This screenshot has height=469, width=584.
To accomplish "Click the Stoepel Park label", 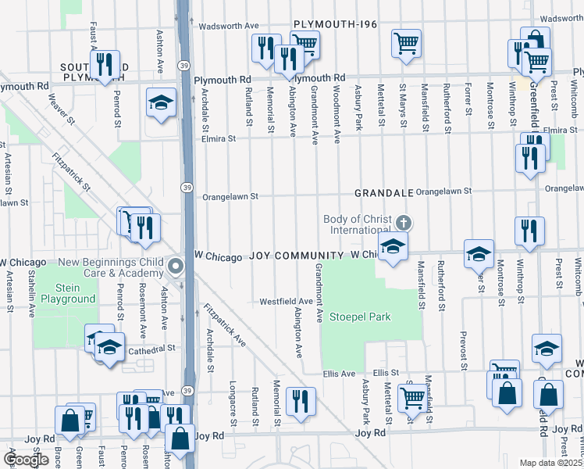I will click(x=359, y=317).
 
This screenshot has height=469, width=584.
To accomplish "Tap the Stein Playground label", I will click(x=69, y=292).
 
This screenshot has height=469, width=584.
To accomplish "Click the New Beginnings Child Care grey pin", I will click(x=176, y=266).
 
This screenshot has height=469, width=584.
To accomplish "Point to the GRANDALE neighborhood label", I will click(x=383, y=192).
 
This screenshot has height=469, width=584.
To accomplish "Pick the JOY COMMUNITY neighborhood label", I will click(x=297, y=256).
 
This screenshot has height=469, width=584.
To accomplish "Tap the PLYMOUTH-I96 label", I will click(x=336, y=25).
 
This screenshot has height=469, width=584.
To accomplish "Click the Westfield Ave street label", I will click(x=286, y=301).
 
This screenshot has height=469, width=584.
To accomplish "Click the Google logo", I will click(x=26, y=460).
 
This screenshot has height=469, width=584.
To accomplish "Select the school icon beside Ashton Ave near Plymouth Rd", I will click(x=161, y=102).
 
